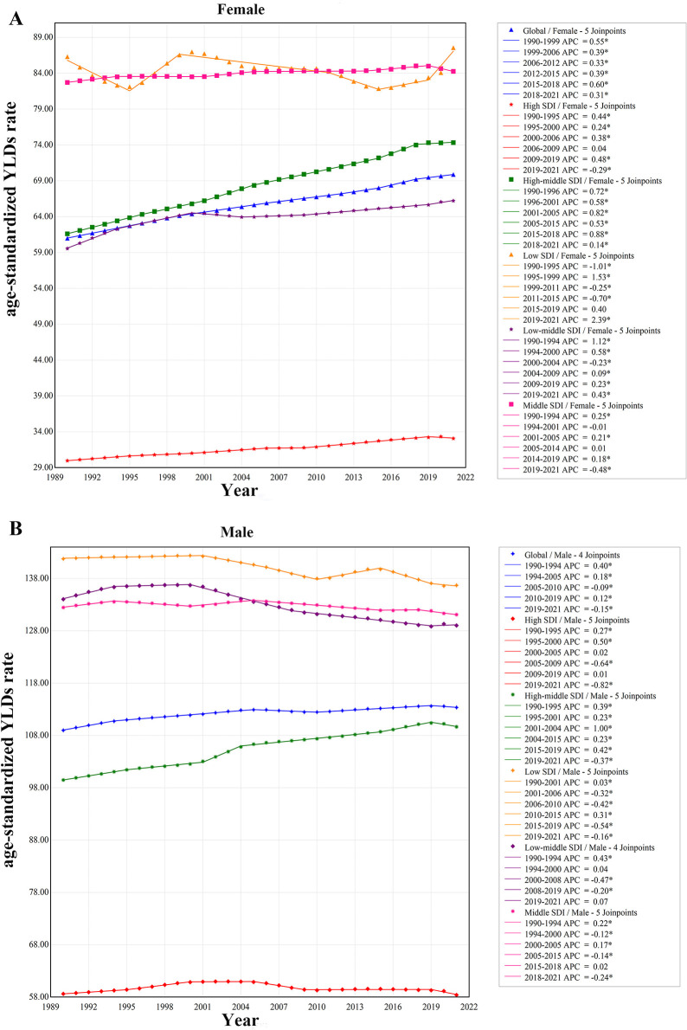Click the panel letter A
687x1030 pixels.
16,17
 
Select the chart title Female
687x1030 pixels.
241,10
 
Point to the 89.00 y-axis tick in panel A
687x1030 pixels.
42,37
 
